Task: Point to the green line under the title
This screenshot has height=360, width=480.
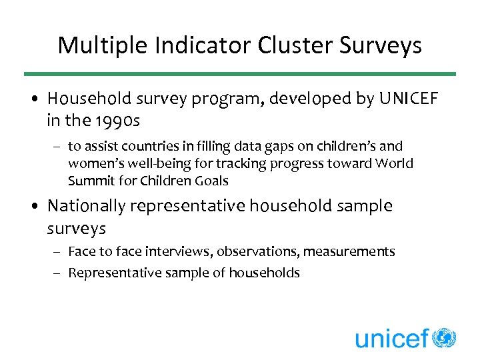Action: (240, 74)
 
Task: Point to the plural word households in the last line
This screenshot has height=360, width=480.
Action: (268, 273)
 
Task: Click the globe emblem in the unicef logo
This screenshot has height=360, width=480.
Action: (443, 337)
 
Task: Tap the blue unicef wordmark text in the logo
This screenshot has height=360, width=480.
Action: (391, 338)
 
